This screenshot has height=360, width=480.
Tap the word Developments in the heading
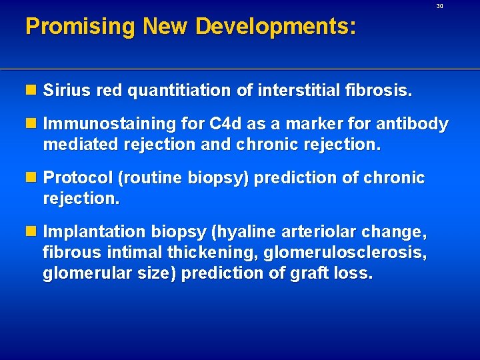tap(275, 27)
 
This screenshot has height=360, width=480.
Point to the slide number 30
tap(439, 6)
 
